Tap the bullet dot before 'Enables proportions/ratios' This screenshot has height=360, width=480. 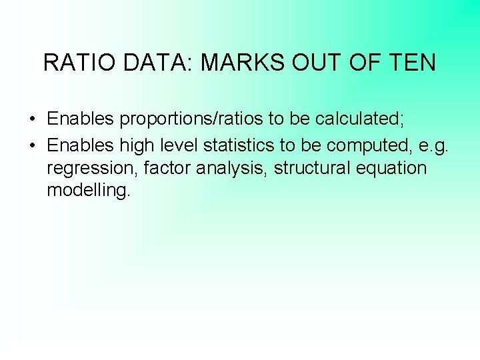coord(33,120)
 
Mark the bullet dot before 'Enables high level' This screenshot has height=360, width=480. coord(33,145)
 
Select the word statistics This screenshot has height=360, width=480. coord(241,144)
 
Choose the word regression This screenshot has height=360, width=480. coord(92,169)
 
